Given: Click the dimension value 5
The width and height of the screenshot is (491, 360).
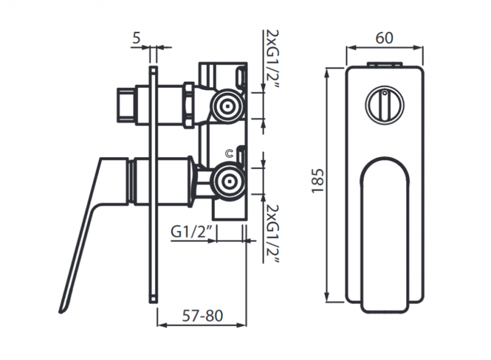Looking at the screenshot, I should pos(136,38).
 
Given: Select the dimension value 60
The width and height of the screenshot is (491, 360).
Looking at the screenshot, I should pos(384,37).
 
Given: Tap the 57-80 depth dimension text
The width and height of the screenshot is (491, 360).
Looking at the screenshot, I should pos(203,316).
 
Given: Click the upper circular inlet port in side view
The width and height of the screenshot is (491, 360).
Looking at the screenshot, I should pos(229,105).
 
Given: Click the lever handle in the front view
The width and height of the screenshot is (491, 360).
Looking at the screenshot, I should pos(384,233).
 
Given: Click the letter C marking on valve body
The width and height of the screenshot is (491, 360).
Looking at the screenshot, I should pos(230,154).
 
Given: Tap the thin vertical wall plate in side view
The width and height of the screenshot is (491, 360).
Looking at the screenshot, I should pos(153,184).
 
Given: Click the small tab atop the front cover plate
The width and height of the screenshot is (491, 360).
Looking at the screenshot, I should pos(384,63).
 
